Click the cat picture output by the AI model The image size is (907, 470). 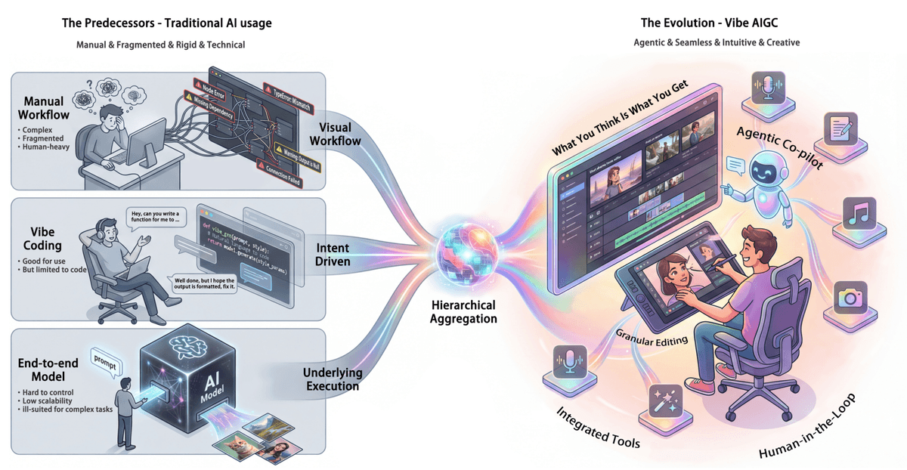(x=233, y=444)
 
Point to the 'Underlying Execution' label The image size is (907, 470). (x=333, y=379)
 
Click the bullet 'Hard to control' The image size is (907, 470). (x=48, y=394)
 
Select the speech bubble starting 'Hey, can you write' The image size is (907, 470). (x=156, y=219)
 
